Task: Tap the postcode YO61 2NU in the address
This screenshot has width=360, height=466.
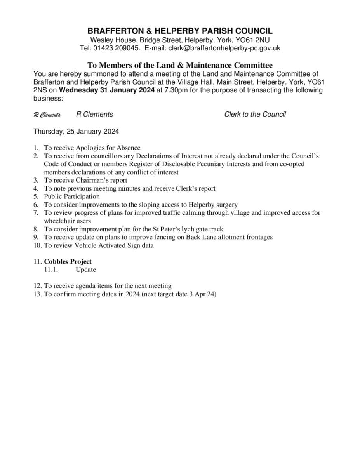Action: [252, 40]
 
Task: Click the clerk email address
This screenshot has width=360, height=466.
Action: [224, 48]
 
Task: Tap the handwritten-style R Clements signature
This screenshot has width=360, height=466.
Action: [47, 115]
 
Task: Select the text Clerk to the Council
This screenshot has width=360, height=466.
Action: [255, 114]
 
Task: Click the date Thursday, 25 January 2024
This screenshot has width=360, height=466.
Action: [76, 131]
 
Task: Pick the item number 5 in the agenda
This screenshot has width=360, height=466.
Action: [36, 196]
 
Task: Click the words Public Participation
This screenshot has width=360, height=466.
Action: [72, 196]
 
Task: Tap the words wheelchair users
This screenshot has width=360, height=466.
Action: [67, 221]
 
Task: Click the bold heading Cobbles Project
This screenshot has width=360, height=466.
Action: [68, 261]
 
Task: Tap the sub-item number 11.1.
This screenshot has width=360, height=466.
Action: [51, 270]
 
